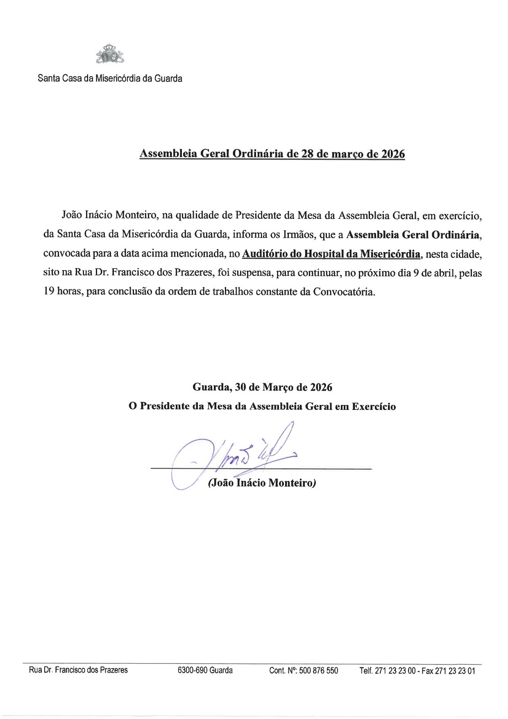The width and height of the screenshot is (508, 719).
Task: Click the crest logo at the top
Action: point(109,54)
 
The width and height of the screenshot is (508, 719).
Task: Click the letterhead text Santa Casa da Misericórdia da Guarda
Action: point(110,78)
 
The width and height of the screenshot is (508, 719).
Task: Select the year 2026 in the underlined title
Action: point(393,154)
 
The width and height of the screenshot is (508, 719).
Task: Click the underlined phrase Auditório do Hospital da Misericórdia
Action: point(331,254)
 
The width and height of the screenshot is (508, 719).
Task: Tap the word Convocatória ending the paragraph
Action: point(344,292)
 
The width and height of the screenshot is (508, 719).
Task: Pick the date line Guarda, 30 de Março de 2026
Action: point(262,387)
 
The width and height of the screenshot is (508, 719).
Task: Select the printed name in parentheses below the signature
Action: point(262,483)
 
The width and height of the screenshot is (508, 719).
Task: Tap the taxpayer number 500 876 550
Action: point(319,671)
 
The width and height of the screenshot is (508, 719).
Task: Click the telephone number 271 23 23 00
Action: point(396,671)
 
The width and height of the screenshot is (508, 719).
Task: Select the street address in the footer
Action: point(78,670)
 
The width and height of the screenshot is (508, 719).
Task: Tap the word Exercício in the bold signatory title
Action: point(374,407)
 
